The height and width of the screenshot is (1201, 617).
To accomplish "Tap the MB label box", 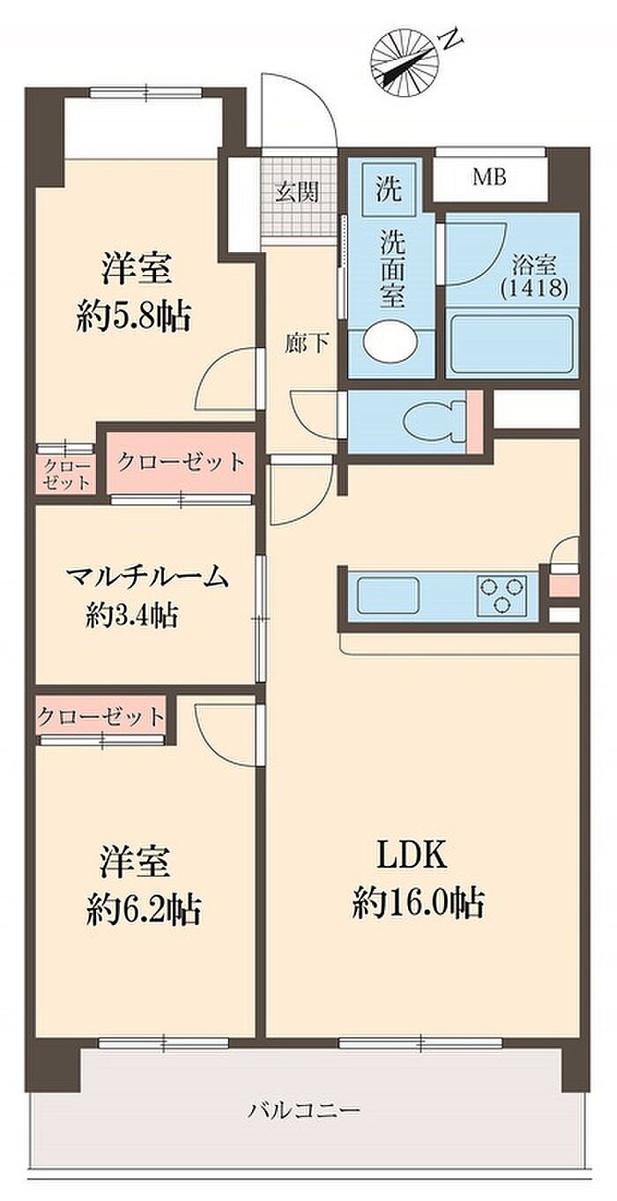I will pos(489,177).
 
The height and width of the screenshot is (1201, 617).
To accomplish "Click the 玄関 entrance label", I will pos(295,192).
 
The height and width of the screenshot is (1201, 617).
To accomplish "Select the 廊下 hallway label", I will pos(306,344).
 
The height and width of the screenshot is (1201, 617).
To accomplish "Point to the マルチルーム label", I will pos(147,578).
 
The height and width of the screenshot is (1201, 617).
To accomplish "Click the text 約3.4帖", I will pos(132,615).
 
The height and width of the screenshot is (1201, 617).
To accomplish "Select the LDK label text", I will pos(413,855).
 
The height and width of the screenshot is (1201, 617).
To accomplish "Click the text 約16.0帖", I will pos(418,903).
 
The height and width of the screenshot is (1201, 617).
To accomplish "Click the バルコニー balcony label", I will pos(303,1109).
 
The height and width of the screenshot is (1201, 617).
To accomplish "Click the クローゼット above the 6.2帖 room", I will pos(101,715).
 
